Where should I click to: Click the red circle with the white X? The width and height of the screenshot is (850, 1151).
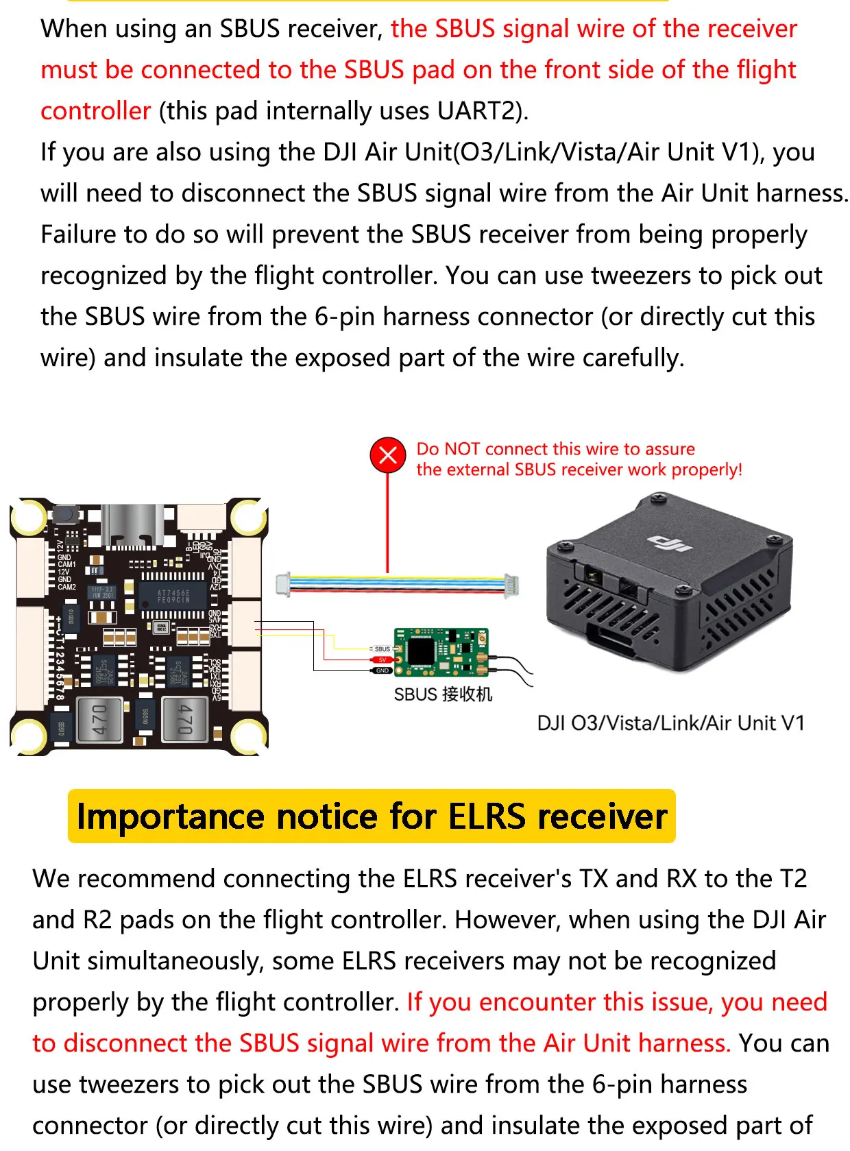[388, 455]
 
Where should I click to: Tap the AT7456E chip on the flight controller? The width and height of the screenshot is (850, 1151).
[173, 596]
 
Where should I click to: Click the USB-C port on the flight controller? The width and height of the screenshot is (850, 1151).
[132, 526]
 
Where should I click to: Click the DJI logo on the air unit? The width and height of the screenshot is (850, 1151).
[669, 543]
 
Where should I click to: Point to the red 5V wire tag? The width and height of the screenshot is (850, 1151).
[382, 659]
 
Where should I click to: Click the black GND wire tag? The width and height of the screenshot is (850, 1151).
[382, 670]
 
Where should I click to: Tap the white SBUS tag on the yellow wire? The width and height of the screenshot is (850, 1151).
[382, 649]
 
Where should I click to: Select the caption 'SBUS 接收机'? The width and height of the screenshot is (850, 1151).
[443, 694]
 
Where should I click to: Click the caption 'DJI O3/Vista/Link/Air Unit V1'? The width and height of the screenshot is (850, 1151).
[670, 723]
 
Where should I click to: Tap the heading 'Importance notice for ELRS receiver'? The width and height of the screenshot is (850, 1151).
[372, 816]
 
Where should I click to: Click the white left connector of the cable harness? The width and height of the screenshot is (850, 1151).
[282, 584]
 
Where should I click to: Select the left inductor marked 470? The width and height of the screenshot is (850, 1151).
[100, 720]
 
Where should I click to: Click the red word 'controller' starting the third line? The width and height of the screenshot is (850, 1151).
[95, 111]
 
